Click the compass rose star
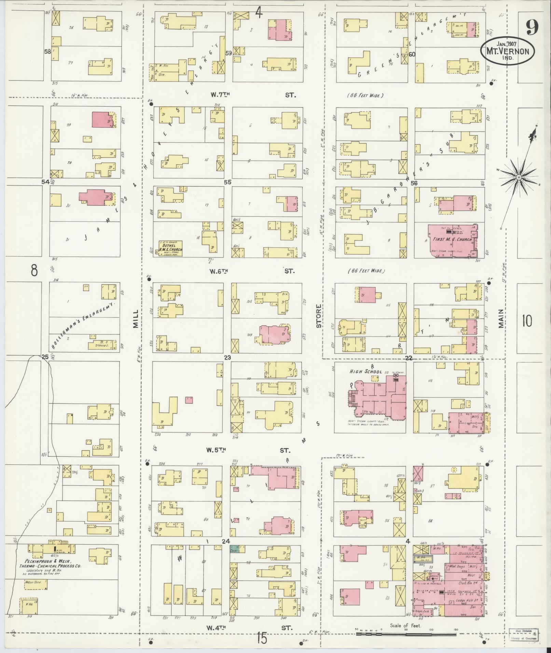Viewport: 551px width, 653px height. [519, 178]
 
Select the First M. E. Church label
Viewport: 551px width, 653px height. [452, 239]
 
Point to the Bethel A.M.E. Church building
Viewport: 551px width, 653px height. [170, 249]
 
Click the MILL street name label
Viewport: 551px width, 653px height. [136, 319]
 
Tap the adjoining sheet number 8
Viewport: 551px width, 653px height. [34, 270]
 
